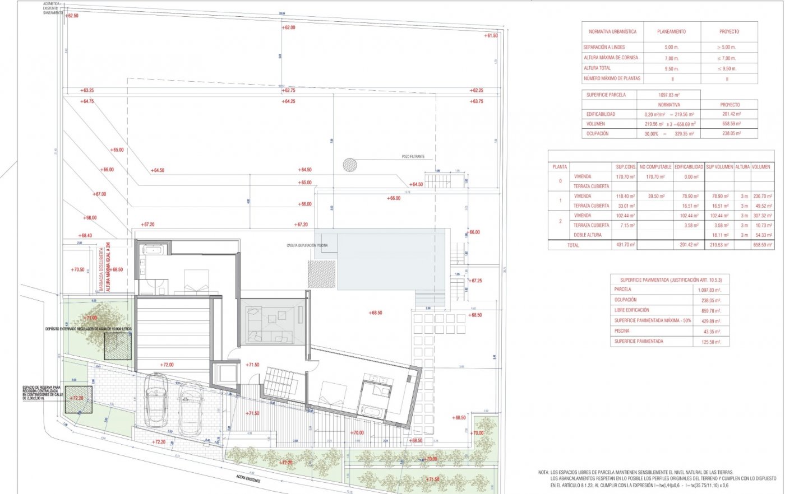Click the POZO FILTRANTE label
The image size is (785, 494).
pos(413,157)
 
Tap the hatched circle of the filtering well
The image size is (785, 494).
pos(350,164)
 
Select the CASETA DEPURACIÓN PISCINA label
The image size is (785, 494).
pos(307,245)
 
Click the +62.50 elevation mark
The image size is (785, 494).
pos(71,16)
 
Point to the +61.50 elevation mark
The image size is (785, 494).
pos(491,36)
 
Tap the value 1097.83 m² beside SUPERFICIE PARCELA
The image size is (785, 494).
pos(669,95)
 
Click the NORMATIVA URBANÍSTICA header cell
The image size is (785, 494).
pos(612,32)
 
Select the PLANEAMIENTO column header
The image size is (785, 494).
pos(671,32)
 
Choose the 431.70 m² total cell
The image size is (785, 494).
pos(625,245)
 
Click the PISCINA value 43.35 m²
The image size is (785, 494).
pos(709,331)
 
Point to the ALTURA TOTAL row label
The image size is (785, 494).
pos(597,68)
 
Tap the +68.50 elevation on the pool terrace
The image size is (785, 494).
pos(376,313)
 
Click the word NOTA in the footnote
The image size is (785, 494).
pos(543,473)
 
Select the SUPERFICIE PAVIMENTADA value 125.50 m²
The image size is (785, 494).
pos(709,342)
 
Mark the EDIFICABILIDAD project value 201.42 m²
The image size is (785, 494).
pos(729,114)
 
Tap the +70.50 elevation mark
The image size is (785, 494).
pos(77,270)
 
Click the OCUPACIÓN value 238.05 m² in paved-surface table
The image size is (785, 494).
pos(709,300)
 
